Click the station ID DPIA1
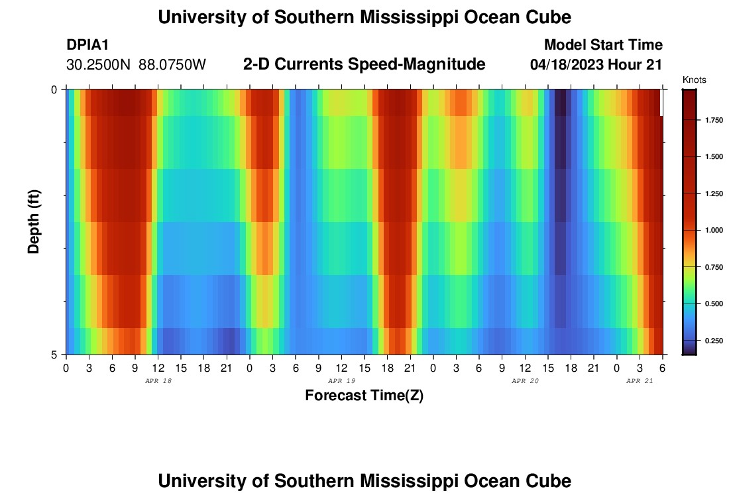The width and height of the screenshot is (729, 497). (x=87, y=45)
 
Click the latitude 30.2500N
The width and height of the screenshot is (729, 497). (x=99, y=65)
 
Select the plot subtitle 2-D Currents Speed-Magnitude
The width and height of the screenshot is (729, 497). (x=364, y=64)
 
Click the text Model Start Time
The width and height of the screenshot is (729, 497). (x=603, y=45)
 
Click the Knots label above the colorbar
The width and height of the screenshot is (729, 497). (x=695, y=80)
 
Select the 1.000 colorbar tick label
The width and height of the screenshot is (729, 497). (x=714, y=230)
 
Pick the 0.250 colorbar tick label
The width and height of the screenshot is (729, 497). (x=714, y=341)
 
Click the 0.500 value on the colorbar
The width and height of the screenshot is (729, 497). (x=714, y=304)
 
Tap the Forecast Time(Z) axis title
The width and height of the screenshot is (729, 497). (x=364, y=396)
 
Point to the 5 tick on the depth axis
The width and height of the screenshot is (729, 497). (x=54, y=355)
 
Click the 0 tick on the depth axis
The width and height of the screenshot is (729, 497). (x=54, y=89)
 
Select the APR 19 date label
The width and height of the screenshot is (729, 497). (x=342, y=381)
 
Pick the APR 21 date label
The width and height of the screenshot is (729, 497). (x=640, y=381)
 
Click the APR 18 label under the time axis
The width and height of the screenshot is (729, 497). (x=158, y=381)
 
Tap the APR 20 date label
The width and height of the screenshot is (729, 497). (x=526, y=381)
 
